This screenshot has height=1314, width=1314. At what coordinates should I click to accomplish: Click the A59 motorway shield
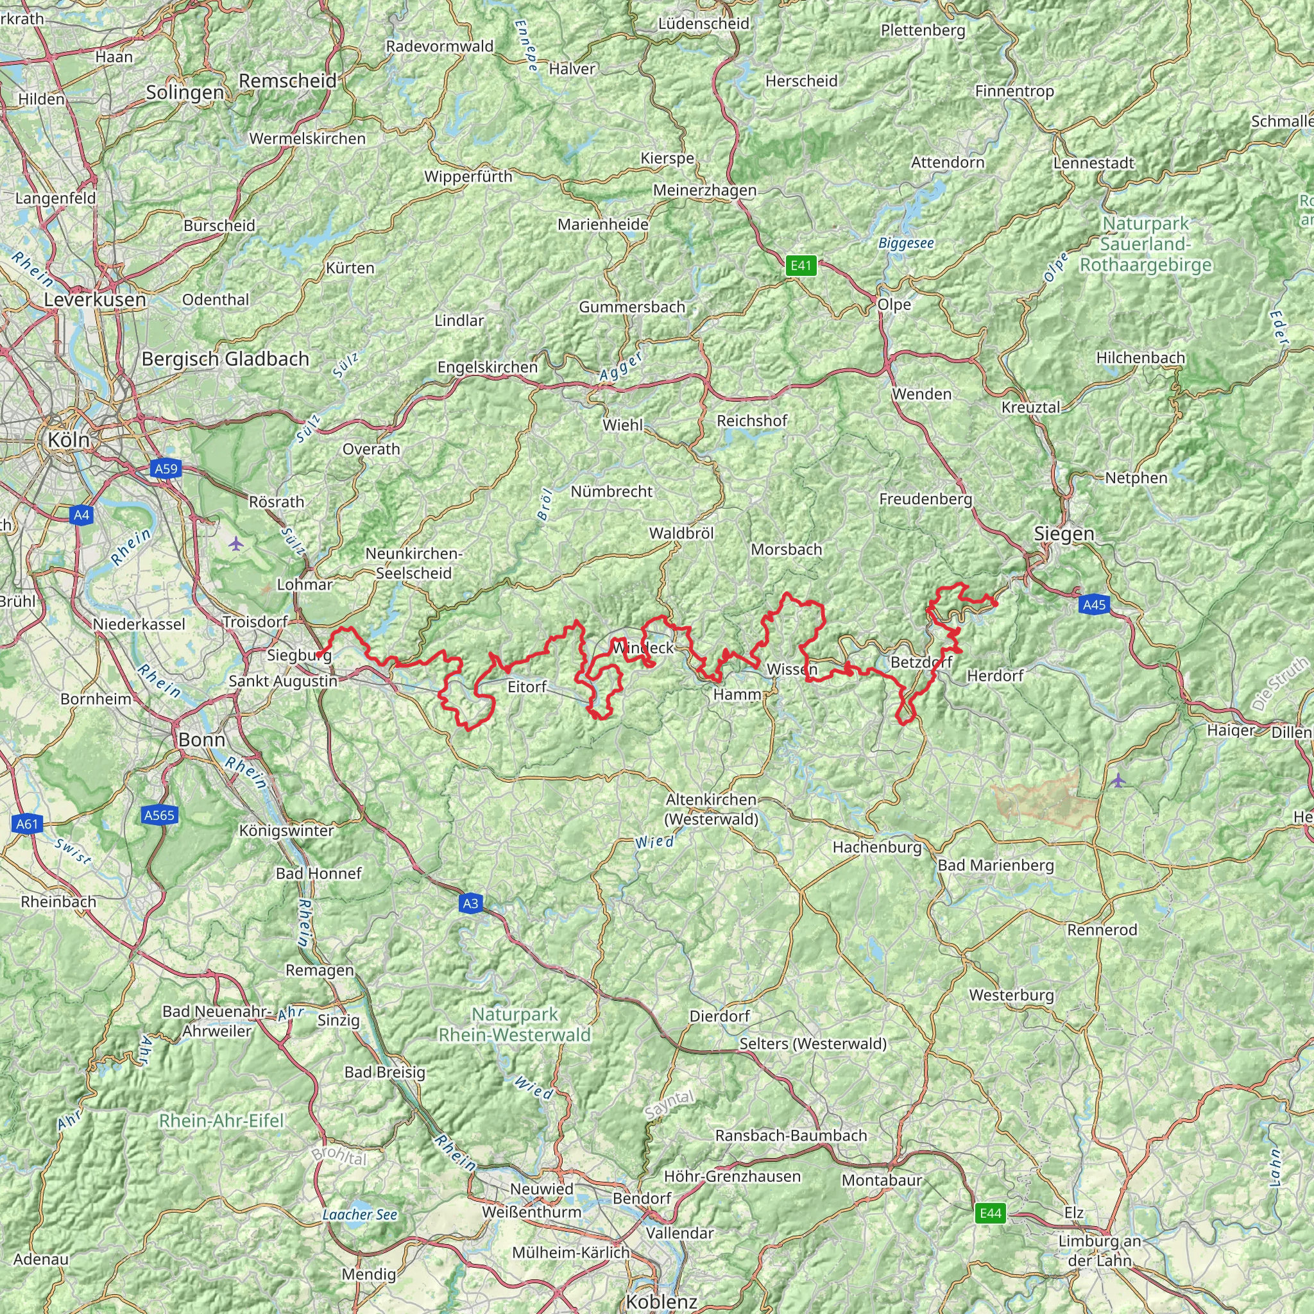click(166, 468)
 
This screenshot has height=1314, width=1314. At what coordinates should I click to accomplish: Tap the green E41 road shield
click(801, 265)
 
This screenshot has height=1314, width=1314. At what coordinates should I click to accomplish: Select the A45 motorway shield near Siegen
click(1094, 604)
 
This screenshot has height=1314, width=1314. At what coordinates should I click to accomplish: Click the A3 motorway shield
click(470, 903)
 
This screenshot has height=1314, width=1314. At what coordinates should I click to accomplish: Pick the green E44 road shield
click(989, 1213)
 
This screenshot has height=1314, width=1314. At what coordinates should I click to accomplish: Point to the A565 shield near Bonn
click(159, 815)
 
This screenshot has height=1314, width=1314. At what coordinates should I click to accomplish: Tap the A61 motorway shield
click(27, 824)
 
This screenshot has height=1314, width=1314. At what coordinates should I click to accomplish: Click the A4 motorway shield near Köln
click(81, 515)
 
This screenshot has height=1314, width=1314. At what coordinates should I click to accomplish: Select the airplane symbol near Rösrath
click(236, 543)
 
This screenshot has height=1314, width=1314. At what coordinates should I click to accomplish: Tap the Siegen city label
click(1064, 534)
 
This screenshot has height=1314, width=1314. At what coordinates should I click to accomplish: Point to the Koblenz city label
click(661, 1301)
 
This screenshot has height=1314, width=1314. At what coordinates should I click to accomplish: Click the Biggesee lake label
click(906, 243)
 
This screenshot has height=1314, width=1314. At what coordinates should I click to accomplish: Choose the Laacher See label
click(359, 1214)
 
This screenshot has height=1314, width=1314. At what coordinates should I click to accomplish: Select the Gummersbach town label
click(632, 307)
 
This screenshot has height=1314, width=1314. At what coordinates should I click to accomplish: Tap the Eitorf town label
click(527, 687)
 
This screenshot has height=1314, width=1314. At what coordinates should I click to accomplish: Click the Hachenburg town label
click(876, 847)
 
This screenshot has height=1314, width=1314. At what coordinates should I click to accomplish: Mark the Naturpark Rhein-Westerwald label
click(515, 1024)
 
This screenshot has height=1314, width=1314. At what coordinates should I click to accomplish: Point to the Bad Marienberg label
click(996, 865)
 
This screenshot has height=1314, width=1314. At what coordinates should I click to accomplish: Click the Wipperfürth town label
click(468, 177)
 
